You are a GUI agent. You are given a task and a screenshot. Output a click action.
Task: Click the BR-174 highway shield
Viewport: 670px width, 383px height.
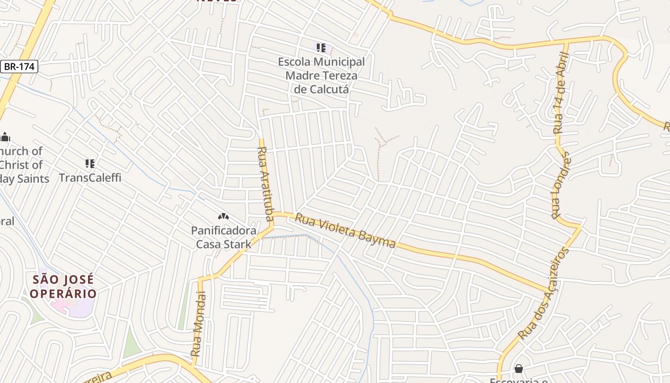tap(19, 67)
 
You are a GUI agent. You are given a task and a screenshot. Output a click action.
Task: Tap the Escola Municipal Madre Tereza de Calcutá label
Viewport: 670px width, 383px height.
tap(321, 75)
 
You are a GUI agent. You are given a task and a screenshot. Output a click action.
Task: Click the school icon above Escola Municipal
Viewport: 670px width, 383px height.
tap(321, 48)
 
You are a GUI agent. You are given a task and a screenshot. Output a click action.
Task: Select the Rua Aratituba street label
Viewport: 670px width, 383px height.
tap(265, 182)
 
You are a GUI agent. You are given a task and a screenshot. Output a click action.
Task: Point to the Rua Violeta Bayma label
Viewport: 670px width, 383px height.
tap(345, 231)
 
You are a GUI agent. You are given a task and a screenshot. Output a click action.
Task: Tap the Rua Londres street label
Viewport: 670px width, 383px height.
tap(560, 185)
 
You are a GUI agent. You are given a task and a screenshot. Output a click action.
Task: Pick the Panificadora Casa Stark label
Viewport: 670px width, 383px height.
tap(223, 237)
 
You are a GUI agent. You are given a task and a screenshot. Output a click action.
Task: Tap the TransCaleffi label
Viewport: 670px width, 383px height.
tap(90, 178)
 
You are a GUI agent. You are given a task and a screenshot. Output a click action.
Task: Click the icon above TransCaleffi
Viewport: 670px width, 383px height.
tap(90, 164)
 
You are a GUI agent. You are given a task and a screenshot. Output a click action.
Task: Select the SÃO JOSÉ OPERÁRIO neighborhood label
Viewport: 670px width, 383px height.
tap(63, 286)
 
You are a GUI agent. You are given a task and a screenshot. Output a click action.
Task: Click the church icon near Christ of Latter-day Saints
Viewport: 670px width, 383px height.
tap(5, 137)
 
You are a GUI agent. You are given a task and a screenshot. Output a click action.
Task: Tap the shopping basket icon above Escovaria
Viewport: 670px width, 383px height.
tap(518, 369)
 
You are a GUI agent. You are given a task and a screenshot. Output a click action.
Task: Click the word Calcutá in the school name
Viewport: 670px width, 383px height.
tap(321, 89)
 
